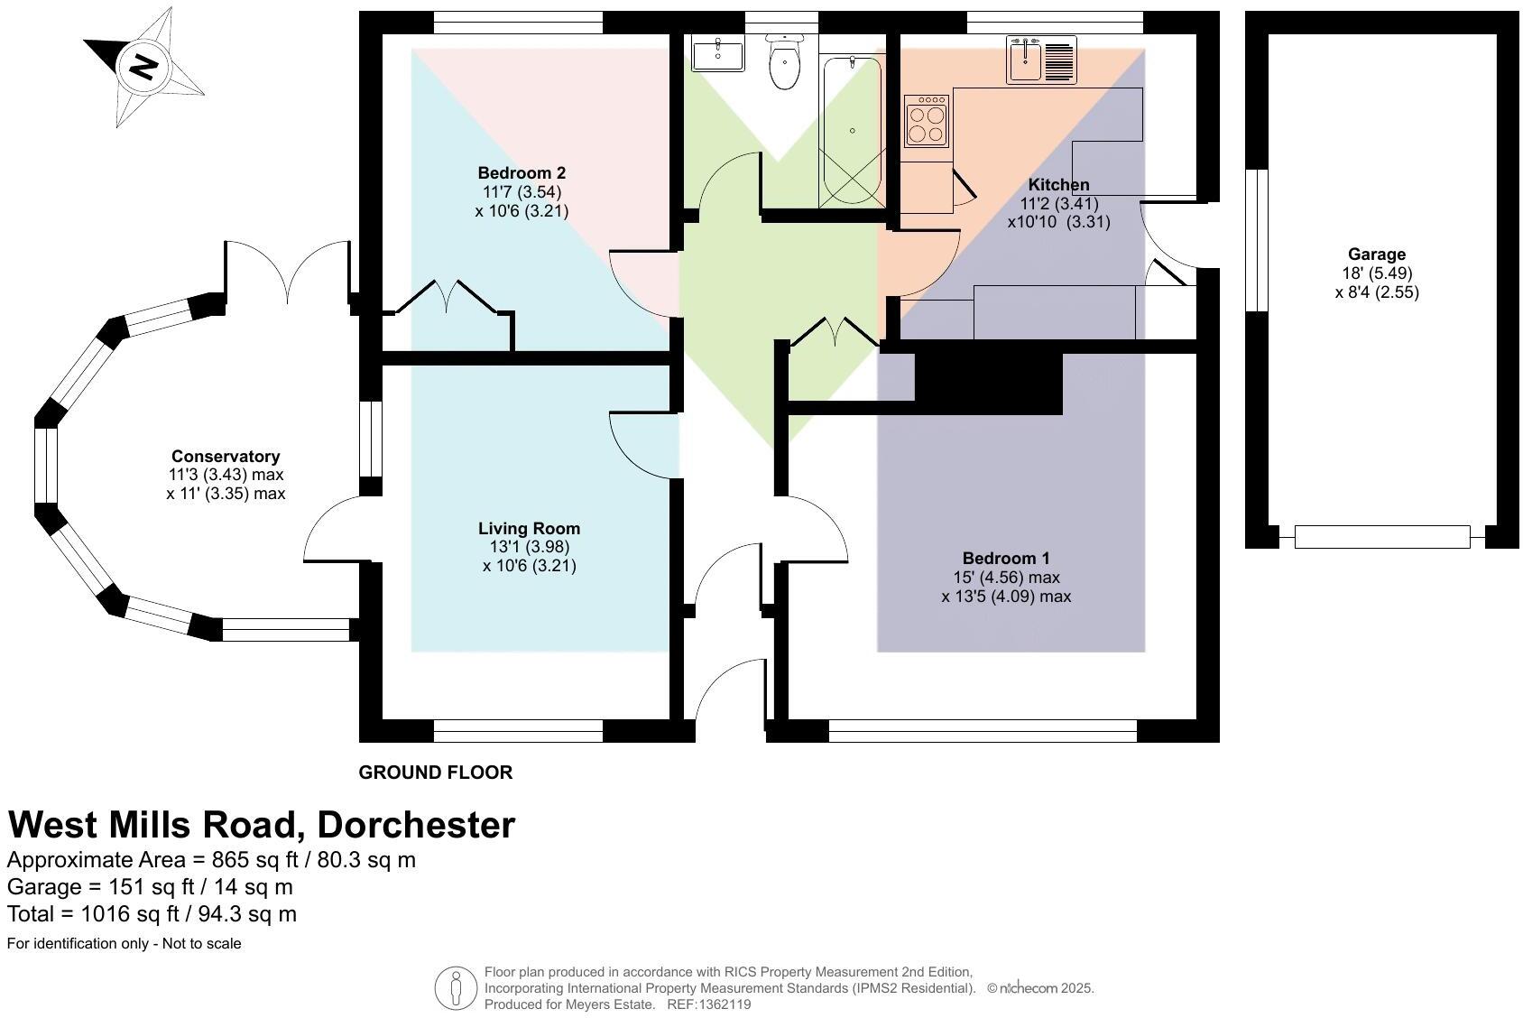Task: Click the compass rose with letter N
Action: point(143,66)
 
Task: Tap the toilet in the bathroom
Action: point(785,63)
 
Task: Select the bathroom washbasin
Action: point(717,54)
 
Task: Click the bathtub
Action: point(852,131)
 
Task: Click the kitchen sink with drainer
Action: point(1041,60)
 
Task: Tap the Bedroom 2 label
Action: point(522,172)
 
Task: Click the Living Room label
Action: point(529,528)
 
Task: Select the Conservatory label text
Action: point(226,456)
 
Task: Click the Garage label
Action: point(1377,255)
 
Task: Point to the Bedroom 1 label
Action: point(1005,558)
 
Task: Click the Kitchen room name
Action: point(1058,184)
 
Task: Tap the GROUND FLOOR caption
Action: point(436,773)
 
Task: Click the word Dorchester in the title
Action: point(416,824)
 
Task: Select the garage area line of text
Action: point(150,886)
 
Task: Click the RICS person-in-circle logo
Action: point(456,988)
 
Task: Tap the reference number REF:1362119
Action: point(708,1004)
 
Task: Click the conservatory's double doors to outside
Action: point(287,271)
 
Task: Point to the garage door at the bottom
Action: point(1381,536)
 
